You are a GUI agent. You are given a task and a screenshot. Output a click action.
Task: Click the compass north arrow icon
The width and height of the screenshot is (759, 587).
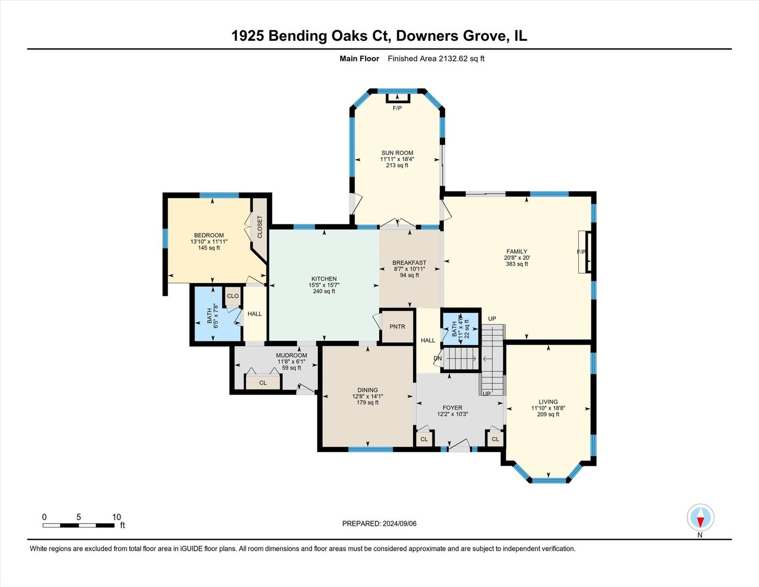click(x=700, y=517)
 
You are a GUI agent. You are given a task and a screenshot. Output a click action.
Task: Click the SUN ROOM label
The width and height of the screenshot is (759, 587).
click(x=397, y=153)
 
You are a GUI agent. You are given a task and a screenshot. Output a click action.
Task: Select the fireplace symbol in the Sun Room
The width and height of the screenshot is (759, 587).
click(x=398, y=98)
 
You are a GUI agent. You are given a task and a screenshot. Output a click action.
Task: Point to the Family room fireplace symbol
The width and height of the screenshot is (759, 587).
click(x=587, y=252)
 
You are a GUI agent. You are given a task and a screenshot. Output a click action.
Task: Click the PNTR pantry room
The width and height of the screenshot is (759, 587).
click(x=397, y=327)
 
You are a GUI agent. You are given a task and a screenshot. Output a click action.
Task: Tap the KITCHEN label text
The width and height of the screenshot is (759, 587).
click(x=324, y=279)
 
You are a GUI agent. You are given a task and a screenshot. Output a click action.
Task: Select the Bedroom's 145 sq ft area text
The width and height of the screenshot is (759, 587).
click(x=209, y=248)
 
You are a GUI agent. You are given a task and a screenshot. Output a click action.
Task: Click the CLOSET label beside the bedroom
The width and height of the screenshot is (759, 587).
click(x=260, y=227)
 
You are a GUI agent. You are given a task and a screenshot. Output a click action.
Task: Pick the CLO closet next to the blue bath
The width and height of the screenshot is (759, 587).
click(x=233, y=296)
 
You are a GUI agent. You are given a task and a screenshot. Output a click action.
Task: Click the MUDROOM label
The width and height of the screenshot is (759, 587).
click(x=291, y=355)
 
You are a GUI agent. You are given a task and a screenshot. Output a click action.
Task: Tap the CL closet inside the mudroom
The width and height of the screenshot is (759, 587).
click(x=263, y=383)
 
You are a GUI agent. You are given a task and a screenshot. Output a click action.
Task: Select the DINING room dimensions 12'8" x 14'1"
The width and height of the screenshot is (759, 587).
click(x=367, y=396)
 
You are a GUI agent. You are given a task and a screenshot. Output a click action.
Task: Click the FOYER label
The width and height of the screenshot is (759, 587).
click(x=452, y=408)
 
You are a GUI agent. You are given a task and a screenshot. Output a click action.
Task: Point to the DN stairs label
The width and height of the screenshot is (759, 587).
click(x=437, y=359)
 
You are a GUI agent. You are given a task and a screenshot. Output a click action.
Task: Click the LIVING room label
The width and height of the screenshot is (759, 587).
click(x=548, y=402)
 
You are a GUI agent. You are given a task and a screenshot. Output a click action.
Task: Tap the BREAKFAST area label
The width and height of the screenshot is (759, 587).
click(x=409, y=263)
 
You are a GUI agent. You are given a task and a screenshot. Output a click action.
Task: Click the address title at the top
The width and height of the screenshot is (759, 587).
click(x=379, y=36)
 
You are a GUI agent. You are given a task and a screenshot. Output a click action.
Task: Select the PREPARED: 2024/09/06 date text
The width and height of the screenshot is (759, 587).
click(x=379, y=523)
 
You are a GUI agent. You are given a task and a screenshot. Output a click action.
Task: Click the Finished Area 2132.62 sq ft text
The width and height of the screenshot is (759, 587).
click(x=436, y=59)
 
